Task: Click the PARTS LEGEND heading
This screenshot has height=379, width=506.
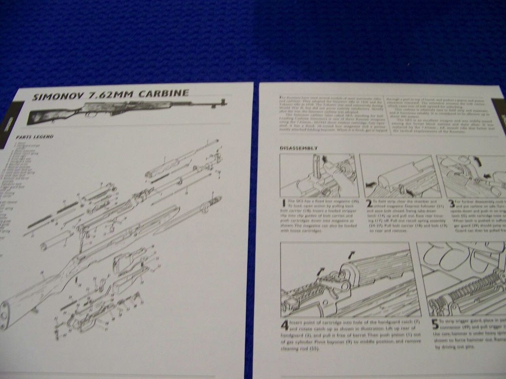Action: pyautogui.click(x=35, y=136)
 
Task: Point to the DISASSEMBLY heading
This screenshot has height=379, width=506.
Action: pyautogui.click(x=299, y=148)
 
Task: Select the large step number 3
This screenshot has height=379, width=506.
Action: pyautogui.click(x=451, y=204)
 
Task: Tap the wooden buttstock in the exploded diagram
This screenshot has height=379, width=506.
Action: pyautogui.click(x=30, y=303)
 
